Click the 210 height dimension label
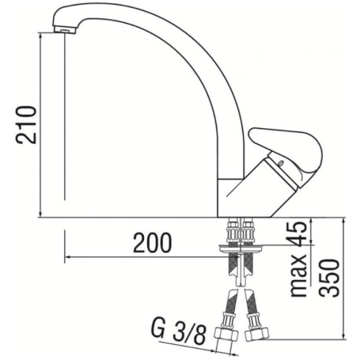click(x=26, y=125)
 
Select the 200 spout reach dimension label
click(x=152, y=243)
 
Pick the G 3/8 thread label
click(x=178, y=333)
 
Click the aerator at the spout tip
click(x=65, y=30)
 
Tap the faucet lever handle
click(x=286, y=149)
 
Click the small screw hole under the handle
click(x=281, y=164)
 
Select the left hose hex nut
click(x=226, y=335)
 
